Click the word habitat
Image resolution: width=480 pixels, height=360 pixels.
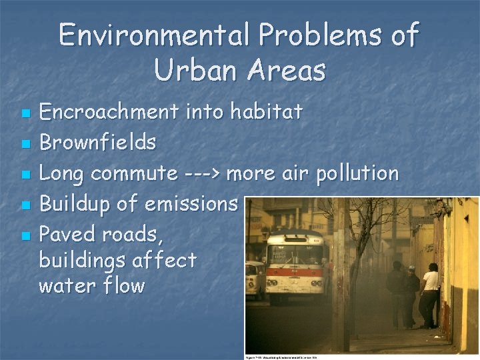(x=267, y=112)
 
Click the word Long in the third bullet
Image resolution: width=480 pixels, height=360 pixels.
(x=62, y=174)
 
